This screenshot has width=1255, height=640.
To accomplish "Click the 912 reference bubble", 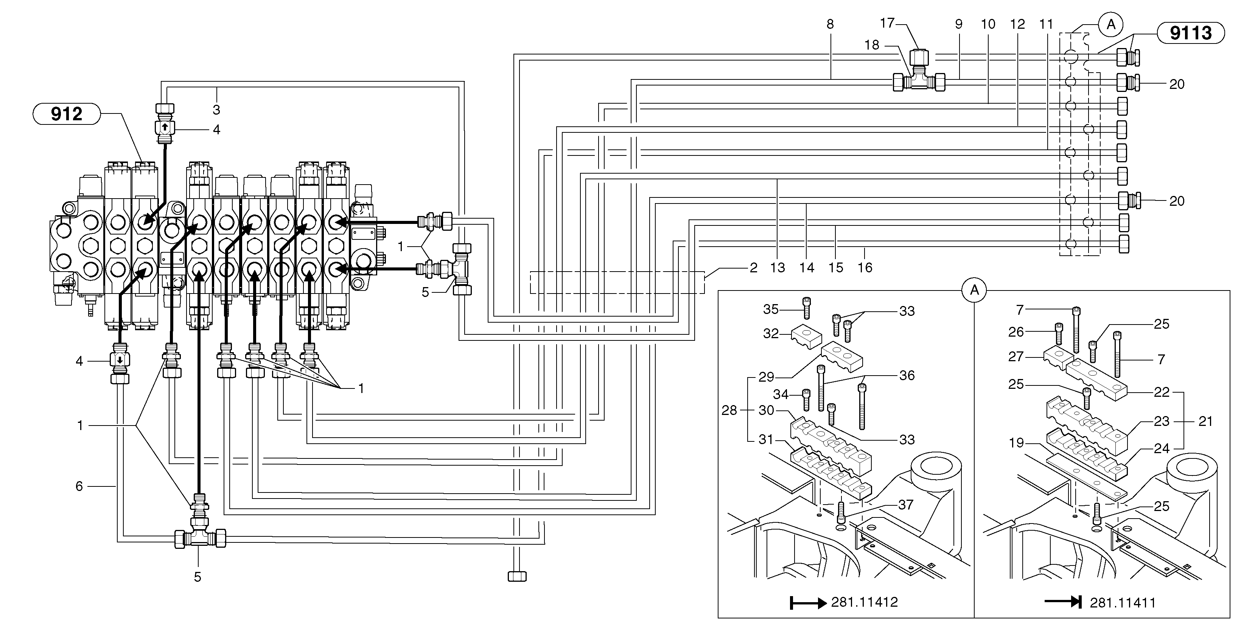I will [x=66, y=114].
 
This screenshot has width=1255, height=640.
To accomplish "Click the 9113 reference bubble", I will [x=1190, y=33].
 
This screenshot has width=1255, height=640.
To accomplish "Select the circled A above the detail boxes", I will [x=974, y=291].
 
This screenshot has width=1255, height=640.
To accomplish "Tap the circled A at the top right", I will [x=1111, y=24].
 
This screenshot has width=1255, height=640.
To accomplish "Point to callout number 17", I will [x=888, y=23].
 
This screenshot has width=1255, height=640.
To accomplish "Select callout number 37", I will [x=905, y=505].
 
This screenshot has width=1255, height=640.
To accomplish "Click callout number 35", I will [x=771, y=309].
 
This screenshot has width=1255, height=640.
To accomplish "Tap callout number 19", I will [x=1016, y=443].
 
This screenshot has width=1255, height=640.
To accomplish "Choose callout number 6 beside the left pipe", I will [x=79, y=486].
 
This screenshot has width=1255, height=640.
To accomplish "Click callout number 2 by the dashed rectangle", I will [x=753, y=267].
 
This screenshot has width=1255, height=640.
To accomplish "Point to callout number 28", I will [x=729, y=411].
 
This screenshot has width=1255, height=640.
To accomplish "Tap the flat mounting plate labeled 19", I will [x=1086, y=482].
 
